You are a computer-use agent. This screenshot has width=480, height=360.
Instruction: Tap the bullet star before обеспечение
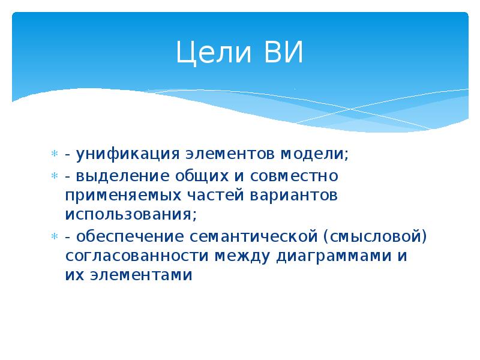pyautogui.click(x=54, y=236)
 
